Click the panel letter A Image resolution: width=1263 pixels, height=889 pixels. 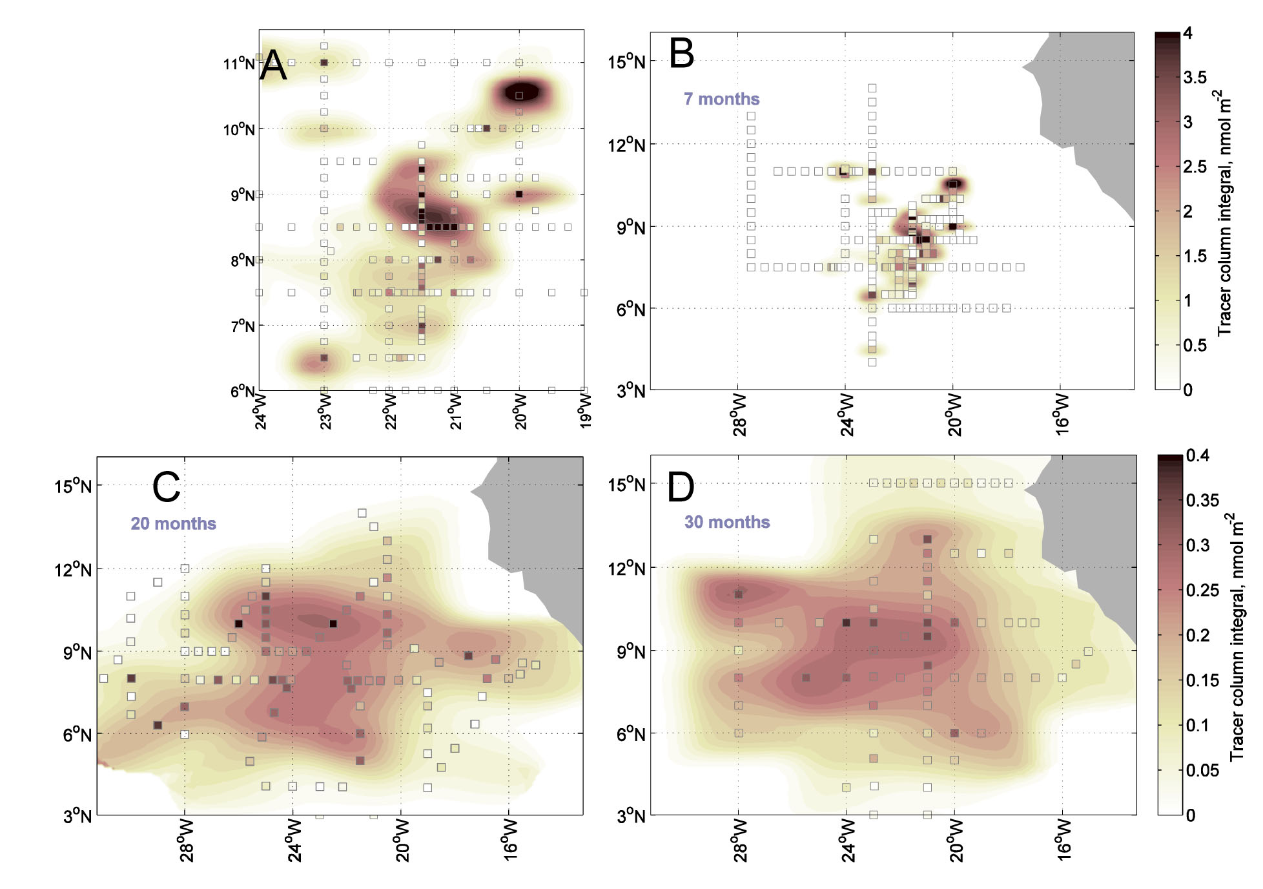(x=273, y=65)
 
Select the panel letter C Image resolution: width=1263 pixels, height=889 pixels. (x=166, y=487)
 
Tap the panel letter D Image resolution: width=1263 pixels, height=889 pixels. (x=681, y=487)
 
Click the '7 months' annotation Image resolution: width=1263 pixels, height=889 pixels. (x=721, y=99)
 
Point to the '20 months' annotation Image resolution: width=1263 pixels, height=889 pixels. (x=173, y=523)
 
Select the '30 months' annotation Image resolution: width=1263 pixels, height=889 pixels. (x=727, y=522)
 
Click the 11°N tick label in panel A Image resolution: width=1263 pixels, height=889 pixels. (x=239, y=64)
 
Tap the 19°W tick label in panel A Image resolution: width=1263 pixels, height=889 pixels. (x=585, y=411)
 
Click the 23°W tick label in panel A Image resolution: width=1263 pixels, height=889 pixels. (x=325, y=411)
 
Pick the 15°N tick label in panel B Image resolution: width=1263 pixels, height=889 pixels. (x=626, y=62)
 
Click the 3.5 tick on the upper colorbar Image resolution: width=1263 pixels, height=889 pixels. (x=1195, y=78)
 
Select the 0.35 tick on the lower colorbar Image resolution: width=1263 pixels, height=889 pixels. (x=1202, y=501)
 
